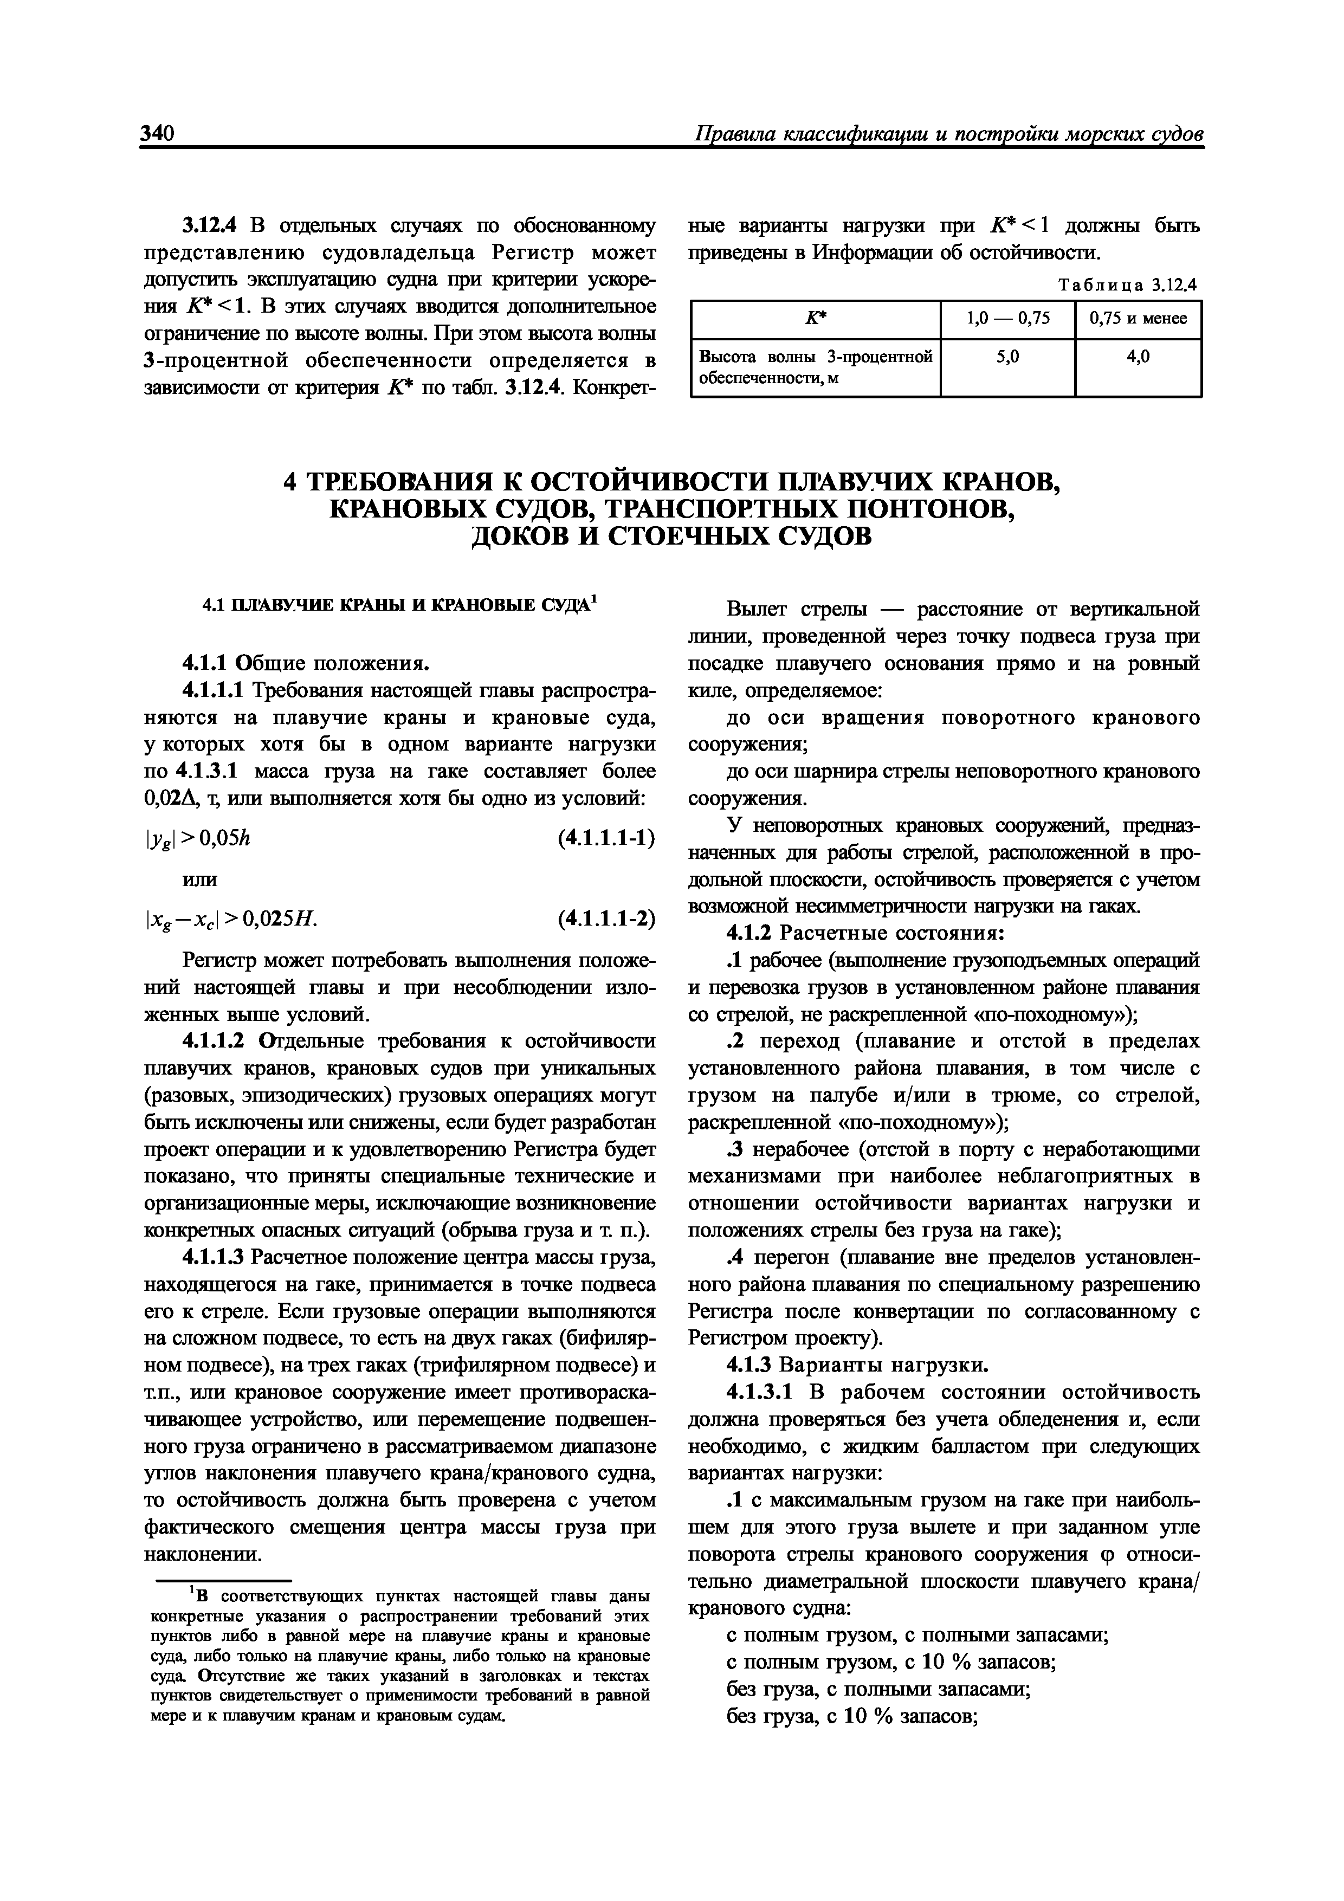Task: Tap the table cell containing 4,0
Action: (x=1138, y=357)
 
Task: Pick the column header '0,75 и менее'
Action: (x=1138, y=319)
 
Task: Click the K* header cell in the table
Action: (x=816, y=319)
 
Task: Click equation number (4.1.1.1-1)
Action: (x=606, y=838)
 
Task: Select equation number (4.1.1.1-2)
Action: (x=606, y=919)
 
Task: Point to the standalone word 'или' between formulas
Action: (x=199, y=878)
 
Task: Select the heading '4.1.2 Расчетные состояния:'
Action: (x=865, y=933)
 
